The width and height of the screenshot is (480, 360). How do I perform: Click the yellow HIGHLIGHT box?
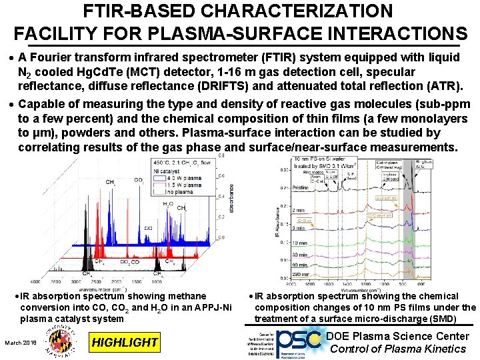pos(125,343)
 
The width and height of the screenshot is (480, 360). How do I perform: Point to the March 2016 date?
pos(21,343)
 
